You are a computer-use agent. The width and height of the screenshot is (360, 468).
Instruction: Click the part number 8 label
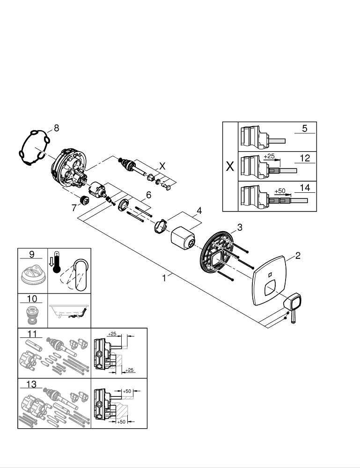(56, 128)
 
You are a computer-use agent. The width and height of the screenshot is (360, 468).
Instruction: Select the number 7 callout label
(74, 208)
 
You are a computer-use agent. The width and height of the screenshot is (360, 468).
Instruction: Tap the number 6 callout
(148, 194)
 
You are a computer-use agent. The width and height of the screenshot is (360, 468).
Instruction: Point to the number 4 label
(199, 211)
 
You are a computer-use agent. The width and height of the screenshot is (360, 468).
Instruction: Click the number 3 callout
(239, 227)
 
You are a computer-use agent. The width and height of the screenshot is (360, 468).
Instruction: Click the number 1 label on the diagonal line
(164, 278)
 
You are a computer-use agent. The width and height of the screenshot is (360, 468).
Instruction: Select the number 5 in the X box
(304, 129)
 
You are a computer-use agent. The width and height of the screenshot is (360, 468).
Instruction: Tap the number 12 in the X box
(305, 159)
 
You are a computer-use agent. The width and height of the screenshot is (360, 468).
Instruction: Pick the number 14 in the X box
(305, 188)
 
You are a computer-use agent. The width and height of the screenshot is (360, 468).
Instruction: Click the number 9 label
(32, 255)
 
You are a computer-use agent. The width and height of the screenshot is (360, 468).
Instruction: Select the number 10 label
(32, 299)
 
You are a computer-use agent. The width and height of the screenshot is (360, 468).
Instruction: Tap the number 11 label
(32, 334)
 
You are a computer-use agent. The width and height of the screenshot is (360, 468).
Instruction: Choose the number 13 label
(32, 384)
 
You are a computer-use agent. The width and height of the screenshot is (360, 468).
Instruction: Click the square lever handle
(294, 302)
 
